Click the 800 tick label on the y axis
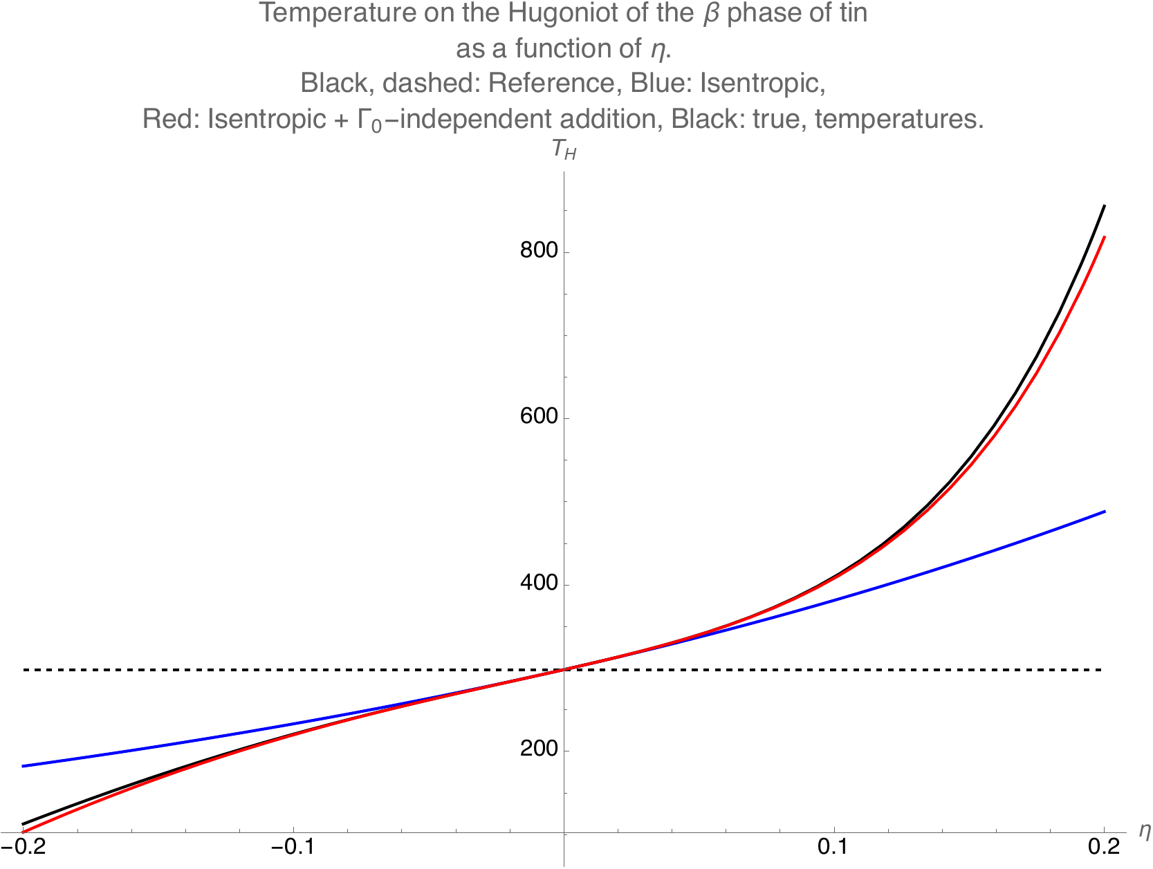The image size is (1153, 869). pyautogui.click(x=538, y=250)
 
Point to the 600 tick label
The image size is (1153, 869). pyautogui.click(x=538, y=417)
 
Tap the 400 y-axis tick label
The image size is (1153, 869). pyautogui.click(x=538, y=583)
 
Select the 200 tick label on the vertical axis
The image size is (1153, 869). pyautogui.click(x=538, y=750)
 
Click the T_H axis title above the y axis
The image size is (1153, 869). pyautogui.click(x=564, y=151)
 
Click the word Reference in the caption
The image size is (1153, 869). pyautogui.click(x=551, y=84)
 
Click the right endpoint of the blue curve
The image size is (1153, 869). pyautogui.click(x=1105, y=511)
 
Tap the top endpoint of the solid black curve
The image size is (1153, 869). pyautogui.click(x=1105, y=205)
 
